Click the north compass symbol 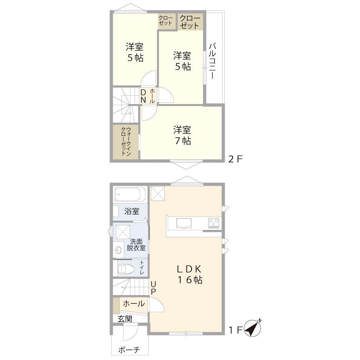[252, 328]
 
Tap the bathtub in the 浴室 [130, 194]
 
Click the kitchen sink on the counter [184, 223]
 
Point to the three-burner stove [214, 223]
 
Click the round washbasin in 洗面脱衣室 [118, 250]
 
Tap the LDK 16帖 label [190, 274]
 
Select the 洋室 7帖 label [182, 135]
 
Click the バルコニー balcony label [212, 60]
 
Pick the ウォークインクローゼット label [126, 141]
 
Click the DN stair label [143, 96]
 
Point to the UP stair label [153, 288]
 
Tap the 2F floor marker [235, 159]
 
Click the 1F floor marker [235, 330]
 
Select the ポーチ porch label [129, 350]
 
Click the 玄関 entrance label [125, 319]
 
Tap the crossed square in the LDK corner [158, 194]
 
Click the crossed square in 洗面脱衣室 [123, 232]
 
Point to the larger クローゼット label [190, 22]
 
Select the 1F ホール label [134, 303]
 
